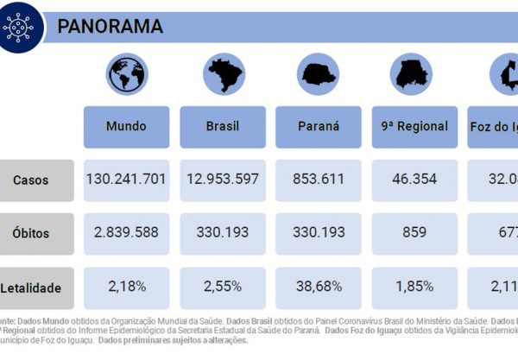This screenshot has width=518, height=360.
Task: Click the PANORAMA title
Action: click(x=110, y=26)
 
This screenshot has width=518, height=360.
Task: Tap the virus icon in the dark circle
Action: click(x=22, y=26)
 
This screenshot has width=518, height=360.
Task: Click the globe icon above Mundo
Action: click(x=126, y=76)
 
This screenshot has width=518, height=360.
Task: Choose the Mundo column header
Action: click(x=126, y=126)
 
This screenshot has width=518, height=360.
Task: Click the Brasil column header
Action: click(x=223, y=126)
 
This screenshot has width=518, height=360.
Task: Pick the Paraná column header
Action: click(x=318, y=126)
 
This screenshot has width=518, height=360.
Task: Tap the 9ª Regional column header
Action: click(x=414, y=126)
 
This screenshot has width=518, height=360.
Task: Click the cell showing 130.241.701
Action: click(x=126, y=180)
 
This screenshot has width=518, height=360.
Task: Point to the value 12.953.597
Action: click(x=223, y=180)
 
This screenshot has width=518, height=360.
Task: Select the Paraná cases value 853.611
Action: click(x=318, y=180)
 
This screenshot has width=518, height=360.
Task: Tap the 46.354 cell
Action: click(x=414, y=180)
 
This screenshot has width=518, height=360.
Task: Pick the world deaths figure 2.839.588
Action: click(x=126, y=232)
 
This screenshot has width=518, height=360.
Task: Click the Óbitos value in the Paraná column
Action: click(x=318, y=232)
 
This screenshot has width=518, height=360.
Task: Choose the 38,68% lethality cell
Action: click(x=318, y=284)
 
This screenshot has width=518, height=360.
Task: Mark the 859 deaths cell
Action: click(x=414, y=232)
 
